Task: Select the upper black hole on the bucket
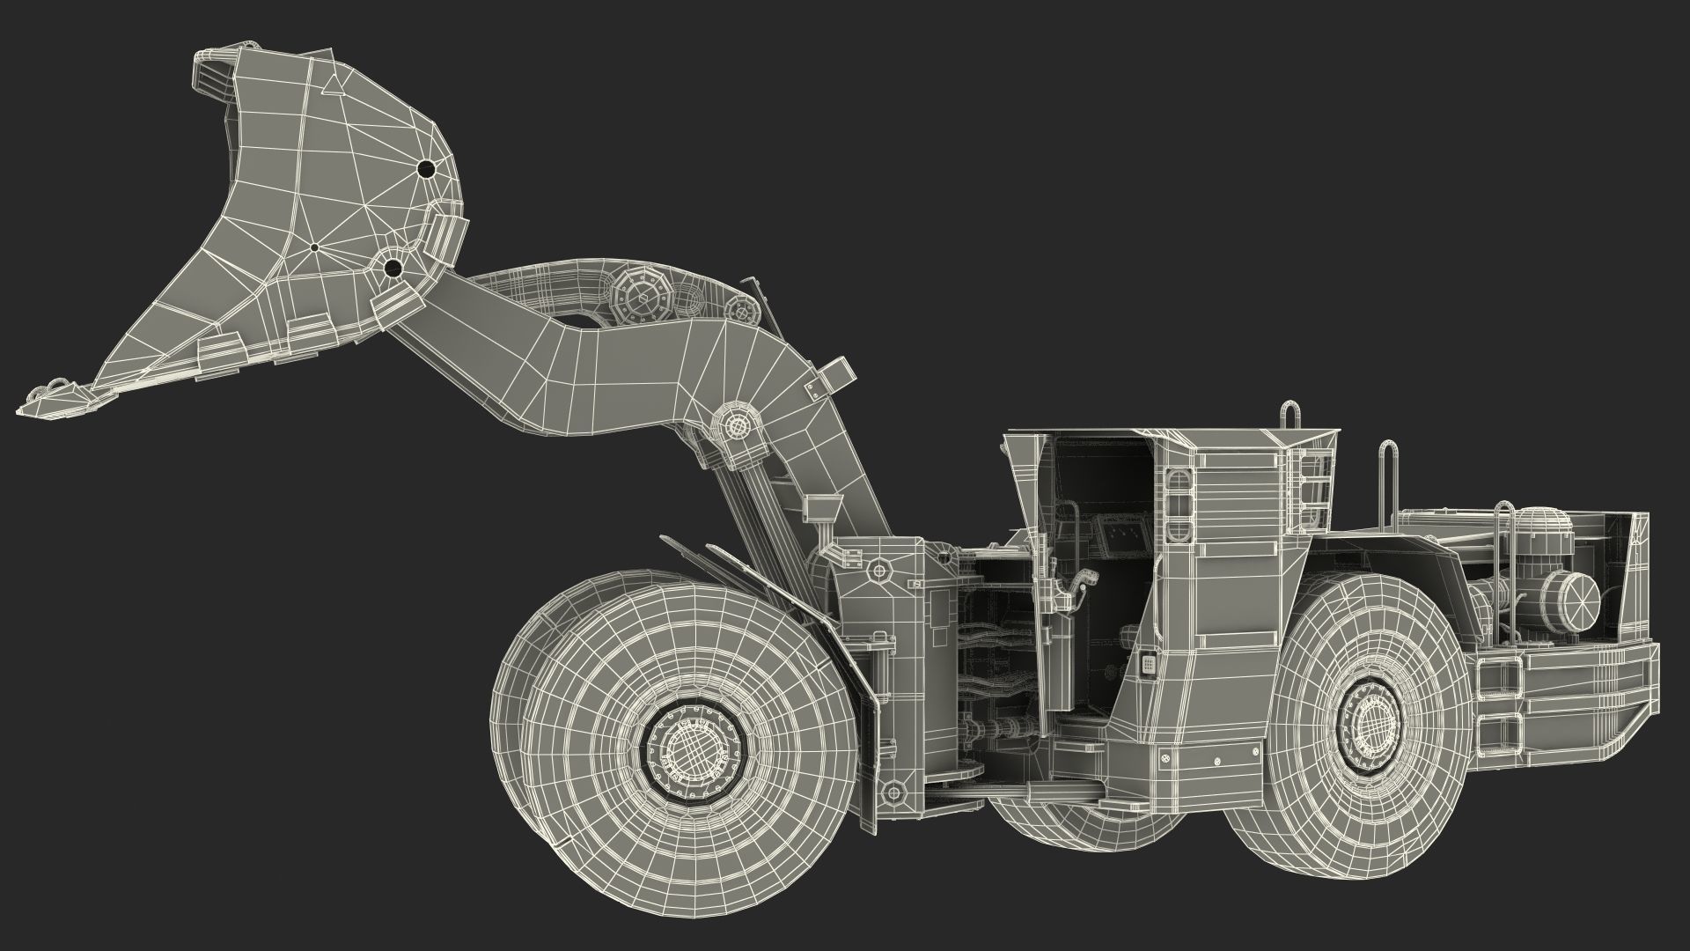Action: [426, 168]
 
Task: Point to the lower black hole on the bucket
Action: [393, 267]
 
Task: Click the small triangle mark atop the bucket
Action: [333, 85]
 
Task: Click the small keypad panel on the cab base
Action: [1148, 663]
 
